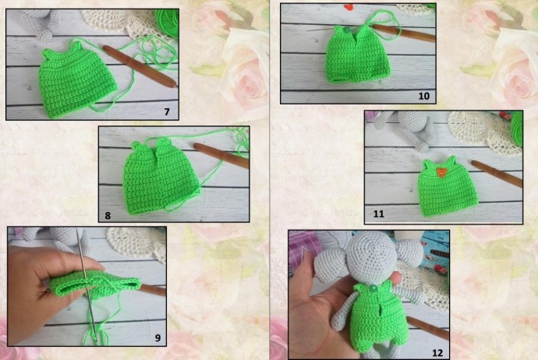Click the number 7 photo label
pos(167,111)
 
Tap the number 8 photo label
pos(108,215)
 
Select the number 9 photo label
pos(158,337)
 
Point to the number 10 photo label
pos(424,96)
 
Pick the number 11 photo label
pos(378,214)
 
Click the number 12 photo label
pos(437,353)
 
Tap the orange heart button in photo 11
pos(440,171)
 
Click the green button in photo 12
pos(372,289)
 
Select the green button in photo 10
pos(346,30)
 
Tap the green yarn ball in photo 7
pos(168,21)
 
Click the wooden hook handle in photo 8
pos(221,155)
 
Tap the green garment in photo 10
pos(358,55)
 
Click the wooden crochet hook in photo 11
pos(497,174)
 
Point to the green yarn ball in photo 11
pos(518,129)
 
